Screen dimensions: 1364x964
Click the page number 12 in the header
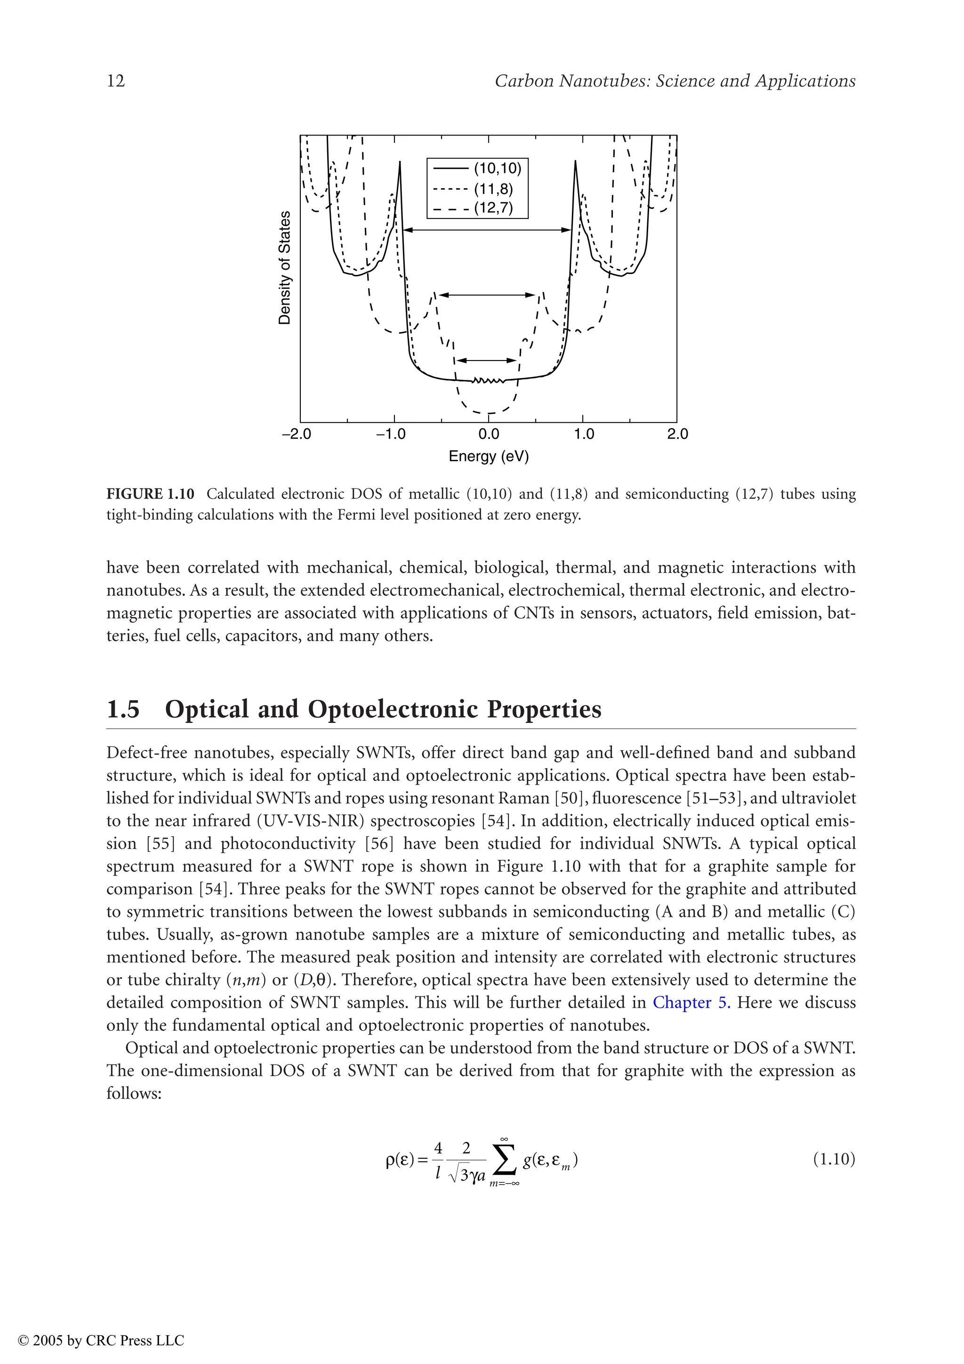[x=116, y=81]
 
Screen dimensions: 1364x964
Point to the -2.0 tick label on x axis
[x=297, y=434]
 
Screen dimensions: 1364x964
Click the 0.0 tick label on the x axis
[x=488, y=434]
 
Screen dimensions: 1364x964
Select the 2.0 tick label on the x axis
[x=677, y=434]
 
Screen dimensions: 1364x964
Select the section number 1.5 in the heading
[x=123, y=709]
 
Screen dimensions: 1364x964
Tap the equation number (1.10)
[x=833, y=1159]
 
